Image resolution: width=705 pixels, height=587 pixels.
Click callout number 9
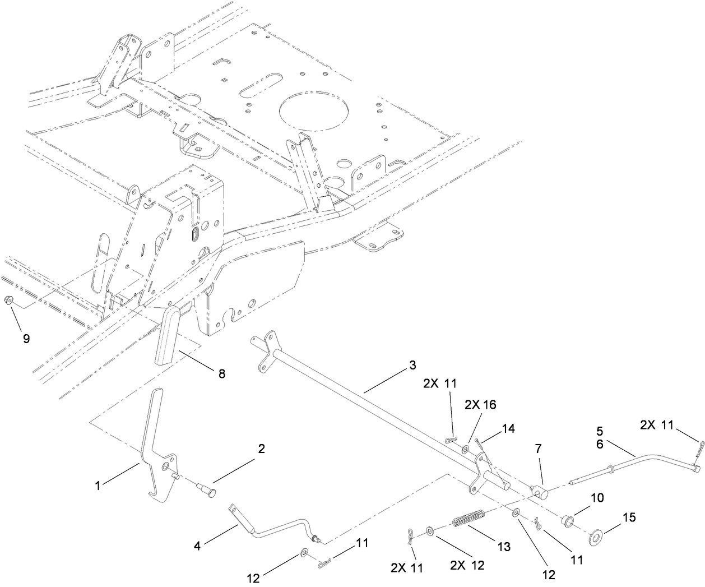[26, 338]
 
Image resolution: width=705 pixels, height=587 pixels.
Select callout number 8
[222, 373]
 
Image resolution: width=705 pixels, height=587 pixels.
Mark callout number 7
[538, 448]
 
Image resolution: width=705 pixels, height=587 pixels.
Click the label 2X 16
[481, 404]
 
